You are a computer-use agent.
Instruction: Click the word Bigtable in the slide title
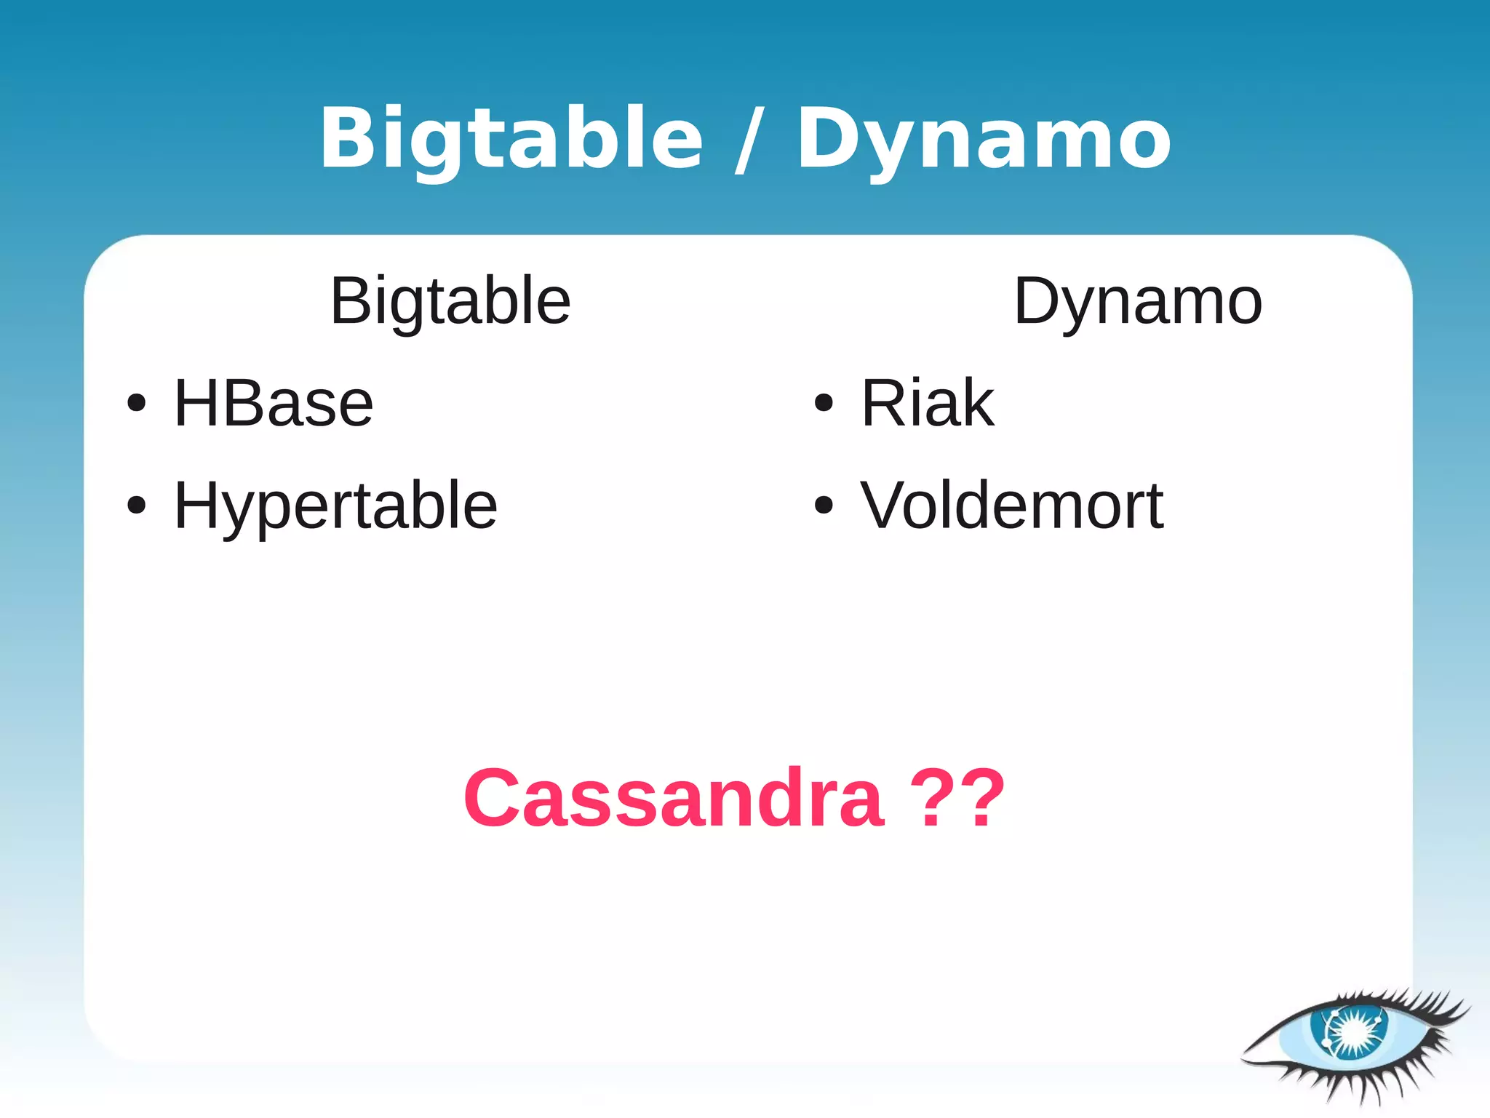[511, 138]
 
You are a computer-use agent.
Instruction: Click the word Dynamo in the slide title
[984, 138]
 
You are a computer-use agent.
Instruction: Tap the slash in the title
[749, 140]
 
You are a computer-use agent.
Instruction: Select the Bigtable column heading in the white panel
[450, 301]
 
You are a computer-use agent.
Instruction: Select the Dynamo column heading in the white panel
[1137, 301]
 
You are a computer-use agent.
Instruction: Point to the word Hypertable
[335, 506]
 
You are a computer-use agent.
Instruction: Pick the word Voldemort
[1011, 506]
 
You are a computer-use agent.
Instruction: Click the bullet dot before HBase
[136, 403]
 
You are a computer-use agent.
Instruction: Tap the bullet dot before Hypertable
[136, 505]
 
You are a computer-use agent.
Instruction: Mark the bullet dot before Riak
[823, 402]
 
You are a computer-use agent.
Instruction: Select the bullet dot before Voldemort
[823, 505]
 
